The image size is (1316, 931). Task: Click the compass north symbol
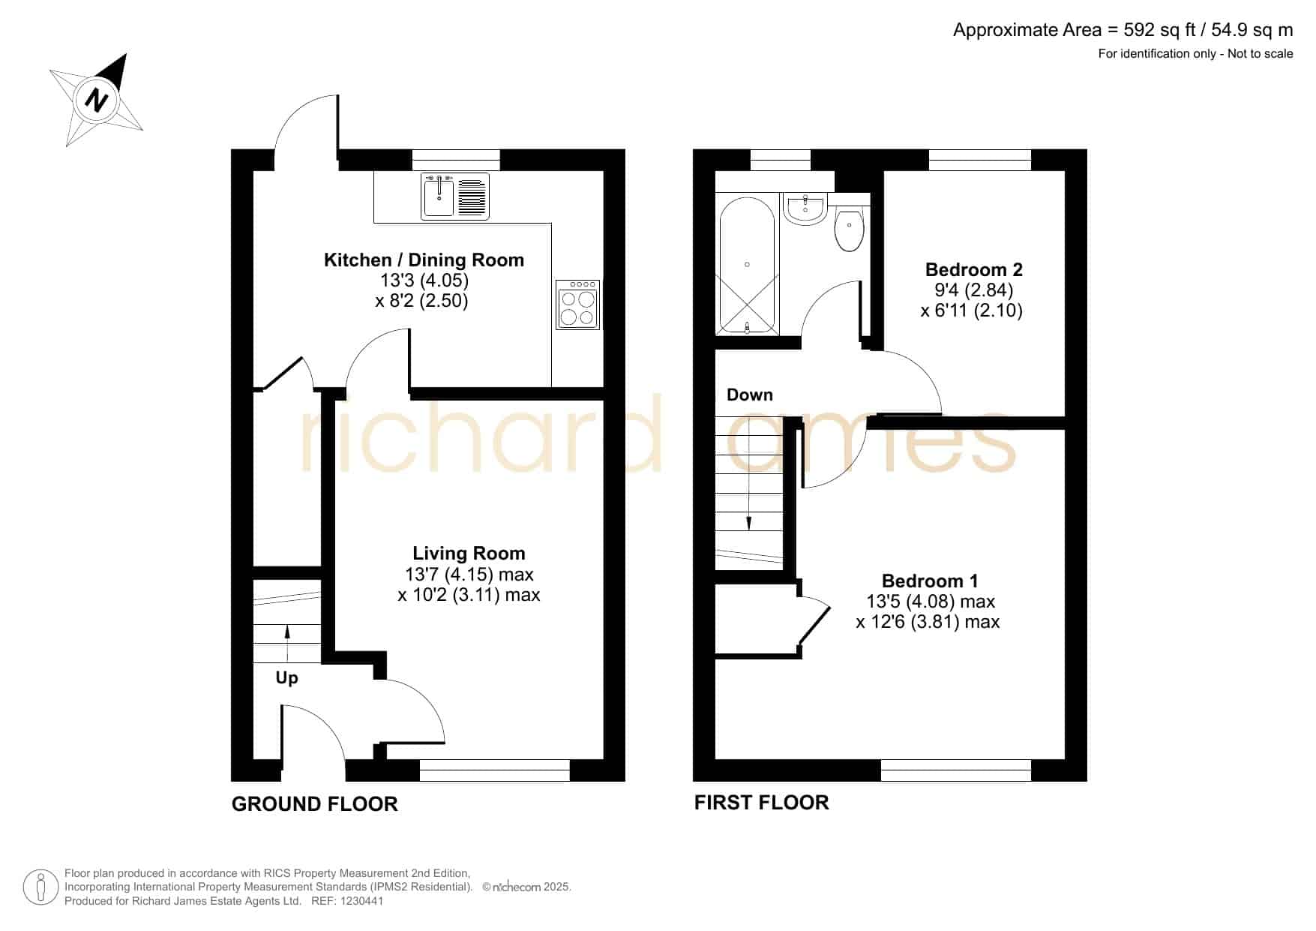[97, 99]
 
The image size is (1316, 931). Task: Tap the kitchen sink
[455, 196]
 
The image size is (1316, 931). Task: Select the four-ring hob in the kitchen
[578, 305]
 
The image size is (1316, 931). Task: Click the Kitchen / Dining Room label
[424, 260]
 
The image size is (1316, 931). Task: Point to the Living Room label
[469, 554]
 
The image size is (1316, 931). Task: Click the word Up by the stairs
[286, 678]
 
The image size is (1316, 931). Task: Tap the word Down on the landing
[750, 395]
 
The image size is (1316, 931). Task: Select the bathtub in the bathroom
[747, 266]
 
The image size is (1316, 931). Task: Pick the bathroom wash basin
[805, 209]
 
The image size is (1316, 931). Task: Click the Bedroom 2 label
[973, 269]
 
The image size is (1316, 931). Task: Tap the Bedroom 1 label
[930, 581]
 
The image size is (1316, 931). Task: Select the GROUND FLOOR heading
[314, 804]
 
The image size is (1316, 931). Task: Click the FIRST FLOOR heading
[761, 803]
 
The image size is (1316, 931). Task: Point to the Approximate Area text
[1123, 30]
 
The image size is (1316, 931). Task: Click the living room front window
[495, 770]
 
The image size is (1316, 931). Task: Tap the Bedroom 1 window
[956, 770]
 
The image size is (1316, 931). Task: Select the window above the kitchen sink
[456, 160]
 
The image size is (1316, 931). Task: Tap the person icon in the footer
[40, 887]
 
